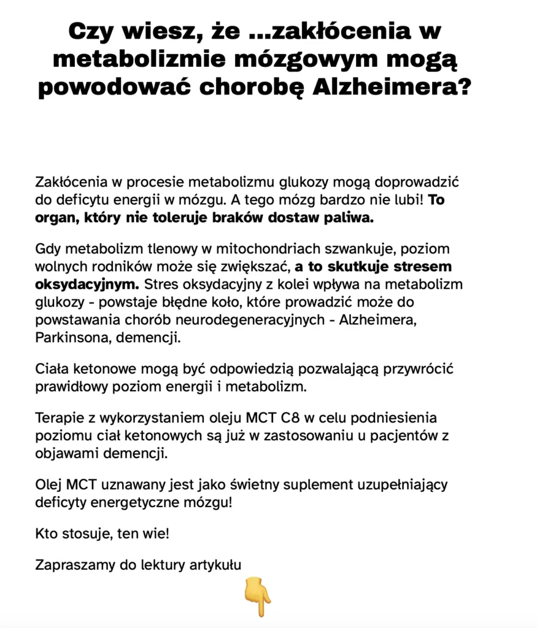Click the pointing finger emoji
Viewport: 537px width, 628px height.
coord(258,595)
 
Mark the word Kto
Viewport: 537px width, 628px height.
coord(47,533)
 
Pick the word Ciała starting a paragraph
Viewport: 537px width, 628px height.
coord(52,370)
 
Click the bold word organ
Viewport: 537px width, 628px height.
coord(53,218)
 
